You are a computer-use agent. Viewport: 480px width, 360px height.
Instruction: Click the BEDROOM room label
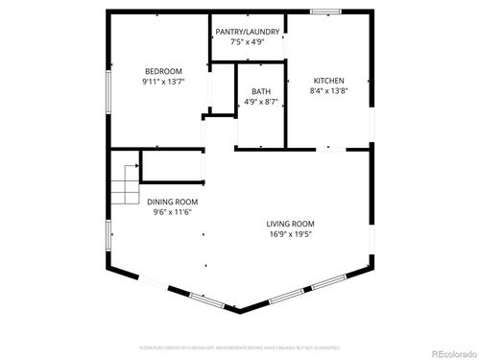[159, 71]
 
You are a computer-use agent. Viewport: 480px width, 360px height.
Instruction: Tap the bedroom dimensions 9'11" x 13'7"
[159, 82]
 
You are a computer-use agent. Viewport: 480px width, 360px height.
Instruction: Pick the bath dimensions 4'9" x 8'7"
[260, 101]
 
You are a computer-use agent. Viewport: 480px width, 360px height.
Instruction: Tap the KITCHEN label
[328, 81]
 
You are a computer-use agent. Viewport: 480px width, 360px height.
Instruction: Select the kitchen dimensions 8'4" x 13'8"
[328, 91]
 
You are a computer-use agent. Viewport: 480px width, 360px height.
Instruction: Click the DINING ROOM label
[173, 202]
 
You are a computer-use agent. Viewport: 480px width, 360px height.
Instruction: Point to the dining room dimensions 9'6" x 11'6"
[173, 212]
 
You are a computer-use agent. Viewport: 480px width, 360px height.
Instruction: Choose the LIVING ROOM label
[290, 224]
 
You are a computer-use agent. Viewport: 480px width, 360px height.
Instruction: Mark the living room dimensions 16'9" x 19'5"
[290, 234]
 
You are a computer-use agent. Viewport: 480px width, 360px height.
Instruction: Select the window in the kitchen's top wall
[324, 12]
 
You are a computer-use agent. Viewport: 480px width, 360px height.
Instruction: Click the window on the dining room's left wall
[108, 236]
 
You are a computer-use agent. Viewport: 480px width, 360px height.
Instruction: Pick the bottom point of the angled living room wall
[240, 311]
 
